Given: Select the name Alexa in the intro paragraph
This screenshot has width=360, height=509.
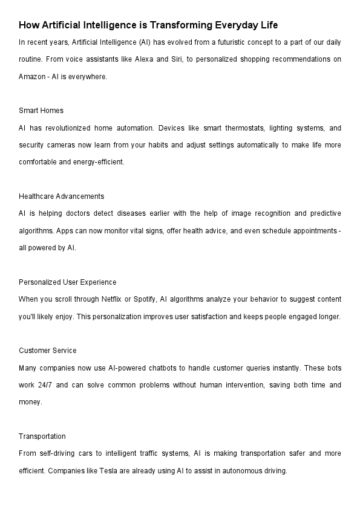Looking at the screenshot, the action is point(157,59).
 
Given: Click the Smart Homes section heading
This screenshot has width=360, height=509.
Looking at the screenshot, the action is point(41,111).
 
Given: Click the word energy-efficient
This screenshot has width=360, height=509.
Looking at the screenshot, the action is point(99,162).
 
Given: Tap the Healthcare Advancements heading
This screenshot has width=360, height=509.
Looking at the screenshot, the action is point(62,196).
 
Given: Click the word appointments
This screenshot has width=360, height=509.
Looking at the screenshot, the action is point(315,231).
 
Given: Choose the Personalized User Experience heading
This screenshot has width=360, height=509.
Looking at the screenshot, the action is point(68,282).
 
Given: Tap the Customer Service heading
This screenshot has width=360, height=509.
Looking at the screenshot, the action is point(48,351).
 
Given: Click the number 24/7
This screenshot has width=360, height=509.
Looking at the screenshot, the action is point(44,385).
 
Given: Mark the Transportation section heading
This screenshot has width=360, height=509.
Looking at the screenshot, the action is point(42,436).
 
